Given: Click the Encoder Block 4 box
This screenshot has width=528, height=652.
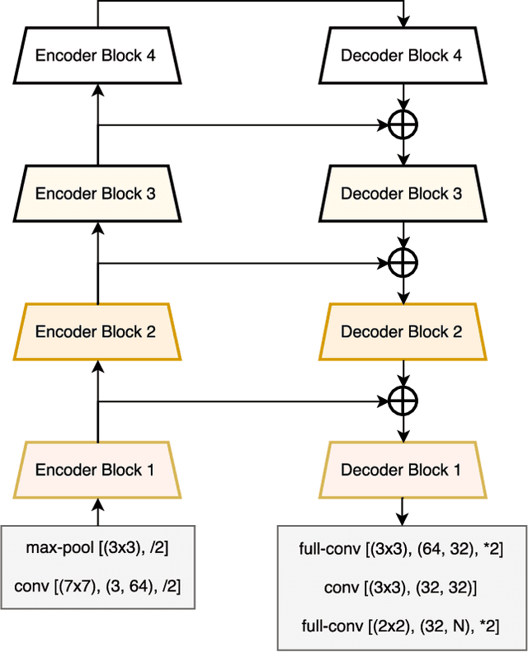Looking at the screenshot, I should point(97,57).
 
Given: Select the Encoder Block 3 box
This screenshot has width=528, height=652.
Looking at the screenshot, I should point(97,195).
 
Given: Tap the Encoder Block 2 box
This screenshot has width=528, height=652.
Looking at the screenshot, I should point(97,332).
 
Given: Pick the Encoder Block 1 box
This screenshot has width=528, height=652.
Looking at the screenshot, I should point(97,470).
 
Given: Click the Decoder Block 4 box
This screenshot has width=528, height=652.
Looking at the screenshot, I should point(401,57).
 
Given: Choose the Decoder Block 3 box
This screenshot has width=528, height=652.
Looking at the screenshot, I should point(401,195).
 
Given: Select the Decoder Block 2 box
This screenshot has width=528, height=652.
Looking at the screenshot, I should point(401,332).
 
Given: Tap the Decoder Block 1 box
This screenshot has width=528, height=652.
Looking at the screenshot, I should point(401,470).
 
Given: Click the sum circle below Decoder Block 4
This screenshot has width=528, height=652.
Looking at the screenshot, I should point(403,125).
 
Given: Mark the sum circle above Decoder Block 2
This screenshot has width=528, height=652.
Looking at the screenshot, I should point(403,263).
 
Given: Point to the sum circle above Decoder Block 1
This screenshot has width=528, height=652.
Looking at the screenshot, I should point(403,401).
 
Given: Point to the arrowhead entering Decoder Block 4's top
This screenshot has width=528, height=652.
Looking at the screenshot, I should point(403,23).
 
